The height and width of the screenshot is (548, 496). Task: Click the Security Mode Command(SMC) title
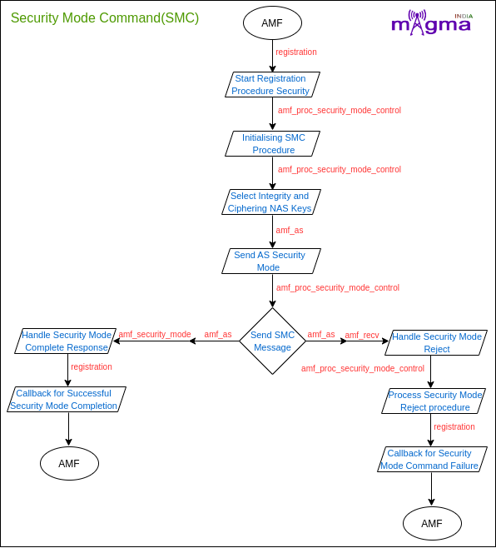(x=105, y=17)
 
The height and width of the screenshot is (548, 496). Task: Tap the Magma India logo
(x=432, y=22)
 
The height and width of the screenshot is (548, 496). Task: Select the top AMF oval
(x=272, y=23)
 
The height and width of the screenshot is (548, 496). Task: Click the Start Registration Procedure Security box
(x=272, y=85)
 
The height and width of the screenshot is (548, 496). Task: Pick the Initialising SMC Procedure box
(x=272, y=143)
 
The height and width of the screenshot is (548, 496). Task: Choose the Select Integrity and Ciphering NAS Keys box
(x=271, y=202)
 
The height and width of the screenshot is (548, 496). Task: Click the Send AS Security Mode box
(x=271, y=261)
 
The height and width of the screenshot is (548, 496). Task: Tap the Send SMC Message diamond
(x=272, y=341)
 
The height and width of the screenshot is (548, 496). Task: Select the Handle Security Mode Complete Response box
(x=65, y=341)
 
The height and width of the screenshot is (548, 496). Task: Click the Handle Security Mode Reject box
(x=436, y=343)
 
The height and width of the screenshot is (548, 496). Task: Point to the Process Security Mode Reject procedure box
(x=434, y=401)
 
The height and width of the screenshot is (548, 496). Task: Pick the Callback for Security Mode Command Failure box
(x=433, y=459)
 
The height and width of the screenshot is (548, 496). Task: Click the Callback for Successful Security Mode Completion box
(x=67, y=400)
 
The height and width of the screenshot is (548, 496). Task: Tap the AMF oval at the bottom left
(x=70, y=463)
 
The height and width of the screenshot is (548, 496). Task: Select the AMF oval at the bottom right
(x=433, y=524)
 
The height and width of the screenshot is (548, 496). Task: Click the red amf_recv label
(x=362, y=335)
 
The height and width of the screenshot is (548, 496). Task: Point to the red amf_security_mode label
(x=155, y=335)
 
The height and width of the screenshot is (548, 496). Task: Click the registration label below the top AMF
(x=296, y=52)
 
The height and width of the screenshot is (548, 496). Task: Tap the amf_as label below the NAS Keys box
(x=290, y=231)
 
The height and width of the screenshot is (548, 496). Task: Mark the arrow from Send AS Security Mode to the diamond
(x=272, y=291)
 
